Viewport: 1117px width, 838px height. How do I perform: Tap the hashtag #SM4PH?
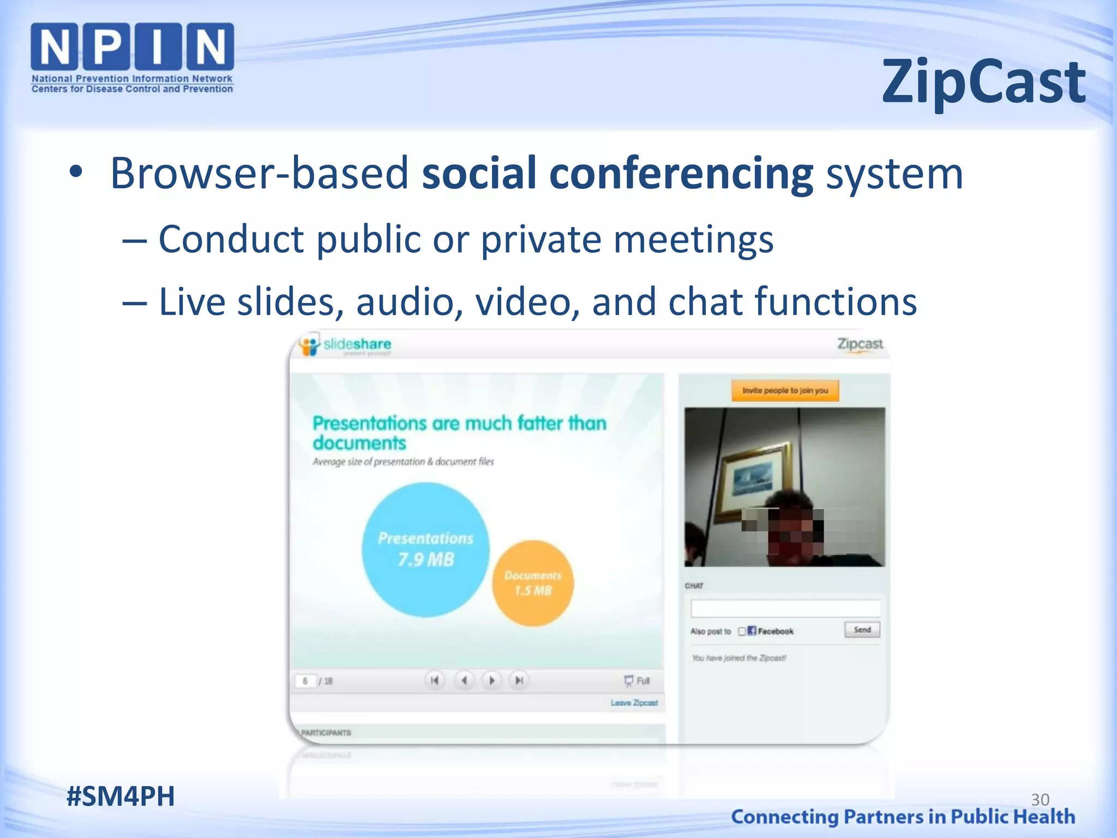coord(121,796)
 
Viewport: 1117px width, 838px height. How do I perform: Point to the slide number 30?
coord(1040,799)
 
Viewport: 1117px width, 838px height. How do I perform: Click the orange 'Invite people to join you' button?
coord(785,391)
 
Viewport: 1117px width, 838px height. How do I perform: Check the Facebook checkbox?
coord(742,631)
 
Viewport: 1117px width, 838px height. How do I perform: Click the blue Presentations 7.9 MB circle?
coord(425,549)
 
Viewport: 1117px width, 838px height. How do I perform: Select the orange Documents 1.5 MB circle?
coord(532,583)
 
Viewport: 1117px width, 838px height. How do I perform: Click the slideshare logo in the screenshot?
coord(346,345)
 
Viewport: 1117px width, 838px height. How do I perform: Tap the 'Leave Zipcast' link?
coord(634,703)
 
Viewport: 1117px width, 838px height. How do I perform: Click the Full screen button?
coord(637,680)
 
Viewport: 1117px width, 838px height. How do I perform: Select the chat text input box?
coord(785,608)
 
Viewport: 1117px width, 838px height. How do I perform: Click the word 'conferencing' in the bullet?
coord(681,173)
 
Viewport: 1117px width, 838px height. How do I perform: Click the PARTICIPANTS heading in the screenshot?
coord(326,733)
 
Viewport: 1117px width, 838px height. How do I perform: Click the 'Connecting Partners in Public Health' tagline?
coord(903,817)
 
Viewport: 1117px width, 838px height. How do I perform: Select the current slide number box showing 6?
coord(305,681)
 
